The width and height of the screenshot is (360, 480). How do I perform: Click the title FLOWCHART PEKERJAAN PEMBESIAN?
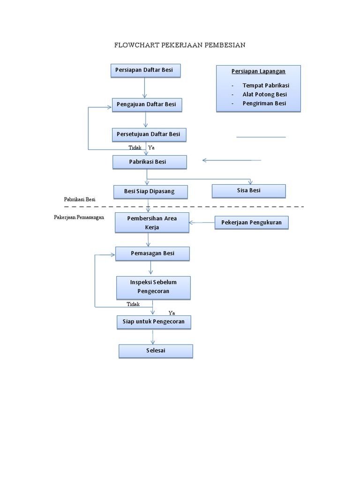click(x=180, y=45)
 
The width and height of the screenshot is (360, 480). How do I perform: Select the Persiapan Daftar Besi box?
click(x=145, y=70)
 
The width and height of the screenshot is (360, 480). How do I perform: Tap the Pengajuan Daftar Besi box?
click(x=147, y=105)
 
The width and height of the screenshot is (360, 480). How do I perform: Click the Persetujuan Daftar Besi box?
click(x=149, y=135)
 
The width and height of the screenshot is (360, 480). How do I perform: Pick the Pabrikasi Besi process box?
click(x=150, y=162)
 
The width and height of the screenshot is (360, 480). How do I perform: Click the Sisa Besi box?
click(x=248, y=191)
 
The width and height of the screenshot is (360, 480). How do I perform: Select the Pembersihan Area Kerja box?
click(x=152, y=223)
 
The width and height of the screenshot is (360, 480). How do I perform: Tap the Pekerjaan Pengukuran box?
click(x=252, y=223)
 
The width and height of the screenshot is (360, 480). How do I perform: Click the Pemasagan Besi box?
click(x=152, y=254)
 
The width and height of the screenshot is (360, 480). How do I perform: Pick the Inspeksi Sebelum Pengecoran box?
click(x=153, y=287)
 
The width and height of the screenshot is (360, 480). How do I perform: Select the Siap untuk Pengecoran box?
click(x=153, y=322)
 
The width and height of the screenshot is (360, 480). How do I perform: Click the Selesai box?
click(x=156, y=351)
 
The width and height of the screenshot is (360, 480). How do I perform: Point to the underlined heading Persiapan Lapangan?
click(x=258, y=71)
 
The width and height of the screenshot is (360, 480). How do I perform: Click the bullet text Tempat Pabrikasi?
click(x=266, y=85)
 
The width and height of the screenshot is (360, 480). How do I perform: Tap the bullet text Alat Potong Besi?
click(x=264, y=94)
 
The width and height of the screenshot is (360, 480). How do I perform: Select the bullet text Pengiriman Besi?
click(x=264, y=104)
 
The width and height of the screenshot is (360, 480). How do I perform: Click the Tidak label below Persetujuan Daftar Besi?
click(x=135, y=148)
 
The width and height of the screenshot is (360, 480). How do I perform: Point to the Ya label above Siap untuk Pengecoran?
click(x=172, y=313)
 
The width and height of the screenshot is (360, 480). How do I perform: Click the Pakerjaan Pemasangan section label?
click(x=79, y=217)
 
